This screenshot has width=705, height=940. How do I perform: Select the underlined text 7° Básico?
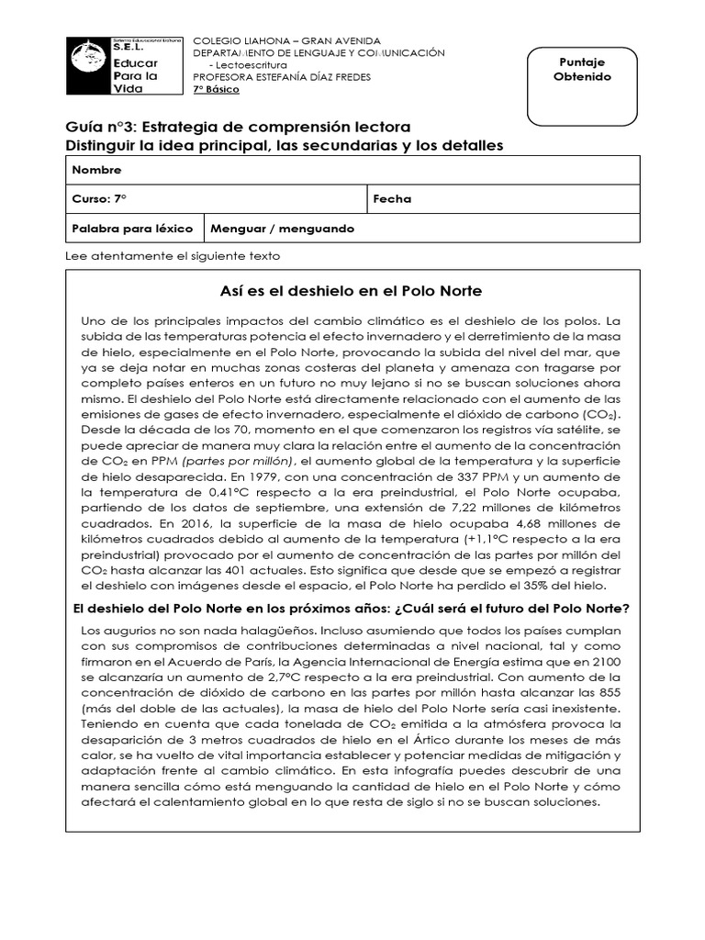coord(215,90)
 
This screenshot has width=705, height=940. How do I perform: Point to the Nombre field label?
coord(96,171)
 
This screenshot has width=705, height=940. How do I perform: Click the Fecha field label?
coord(392,199)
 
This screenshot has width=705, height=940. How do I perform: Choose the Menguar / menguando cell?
coord(282,229)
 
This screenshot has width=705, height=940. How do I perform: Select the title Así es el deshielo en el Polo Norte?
coord(352,291)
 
